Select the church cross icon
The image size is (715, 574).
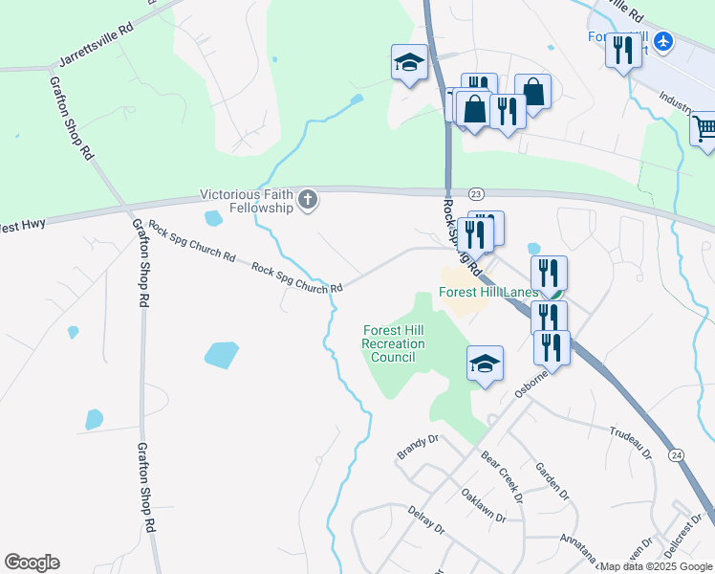click(307, 200)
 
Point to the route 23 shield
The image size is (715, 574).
click(477, 194)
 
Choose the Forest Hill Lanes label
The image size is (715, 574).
click(487, 293)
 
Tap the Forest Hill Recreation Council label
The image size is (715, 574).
click(393, 343)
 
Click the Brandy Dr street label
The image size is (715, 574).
click(417, 447)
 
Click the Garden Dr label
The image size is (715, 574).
click(552, 482)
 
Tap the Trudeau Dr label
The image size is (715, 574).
click(630, 441)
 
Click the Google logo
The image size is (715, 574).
click(32, 563)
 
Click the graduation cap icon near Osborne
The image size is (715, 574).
click(485, 364)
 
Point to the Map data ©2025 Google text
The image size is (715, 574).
click(657, 566)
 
